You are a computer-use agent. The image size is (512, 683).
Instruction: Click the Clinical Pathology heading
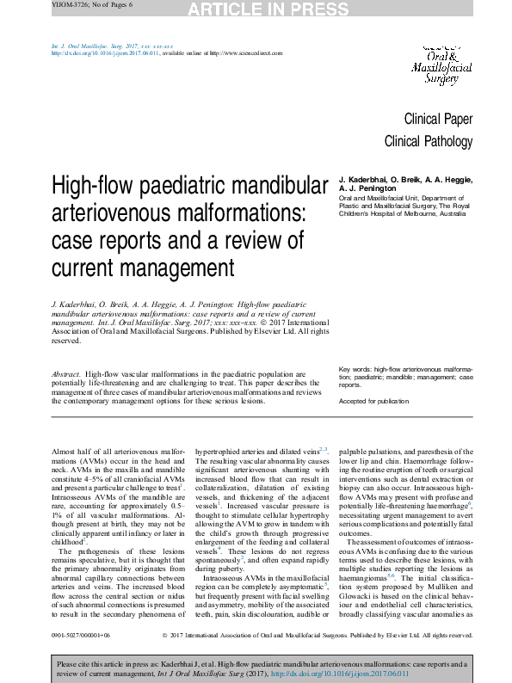[428, 141]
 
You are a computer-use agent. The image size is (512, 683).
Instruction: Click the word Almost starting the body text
[66, 452]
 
